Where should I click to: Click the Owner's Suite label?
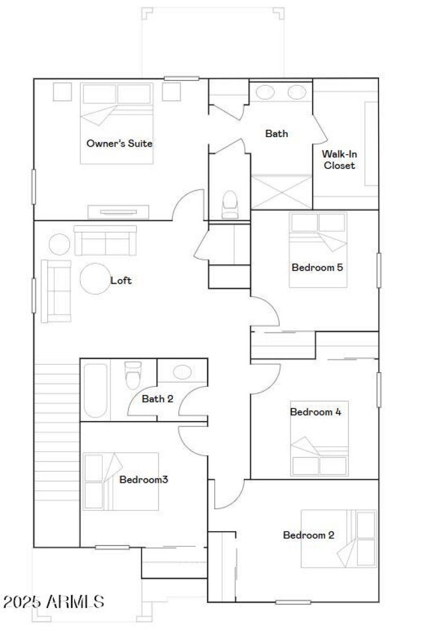119,143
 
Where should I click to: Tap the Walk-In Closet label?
339,159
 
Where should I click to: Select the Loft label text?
121,281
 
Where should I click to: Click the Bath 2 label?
157,399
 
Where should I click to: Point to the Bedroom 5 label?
317,267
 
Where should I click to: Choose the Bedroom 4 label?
315,412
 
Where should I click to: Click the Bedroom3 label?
143,480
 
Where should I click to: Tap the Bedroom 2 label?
308,535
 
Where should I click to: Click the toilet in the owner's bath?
231,204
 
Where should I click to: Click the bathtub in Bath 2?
96,390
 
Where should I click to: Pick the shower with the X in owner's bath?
281,192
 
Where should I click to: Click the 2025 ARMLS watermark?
53,601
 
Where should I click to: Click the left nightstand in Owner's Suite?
61,92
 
